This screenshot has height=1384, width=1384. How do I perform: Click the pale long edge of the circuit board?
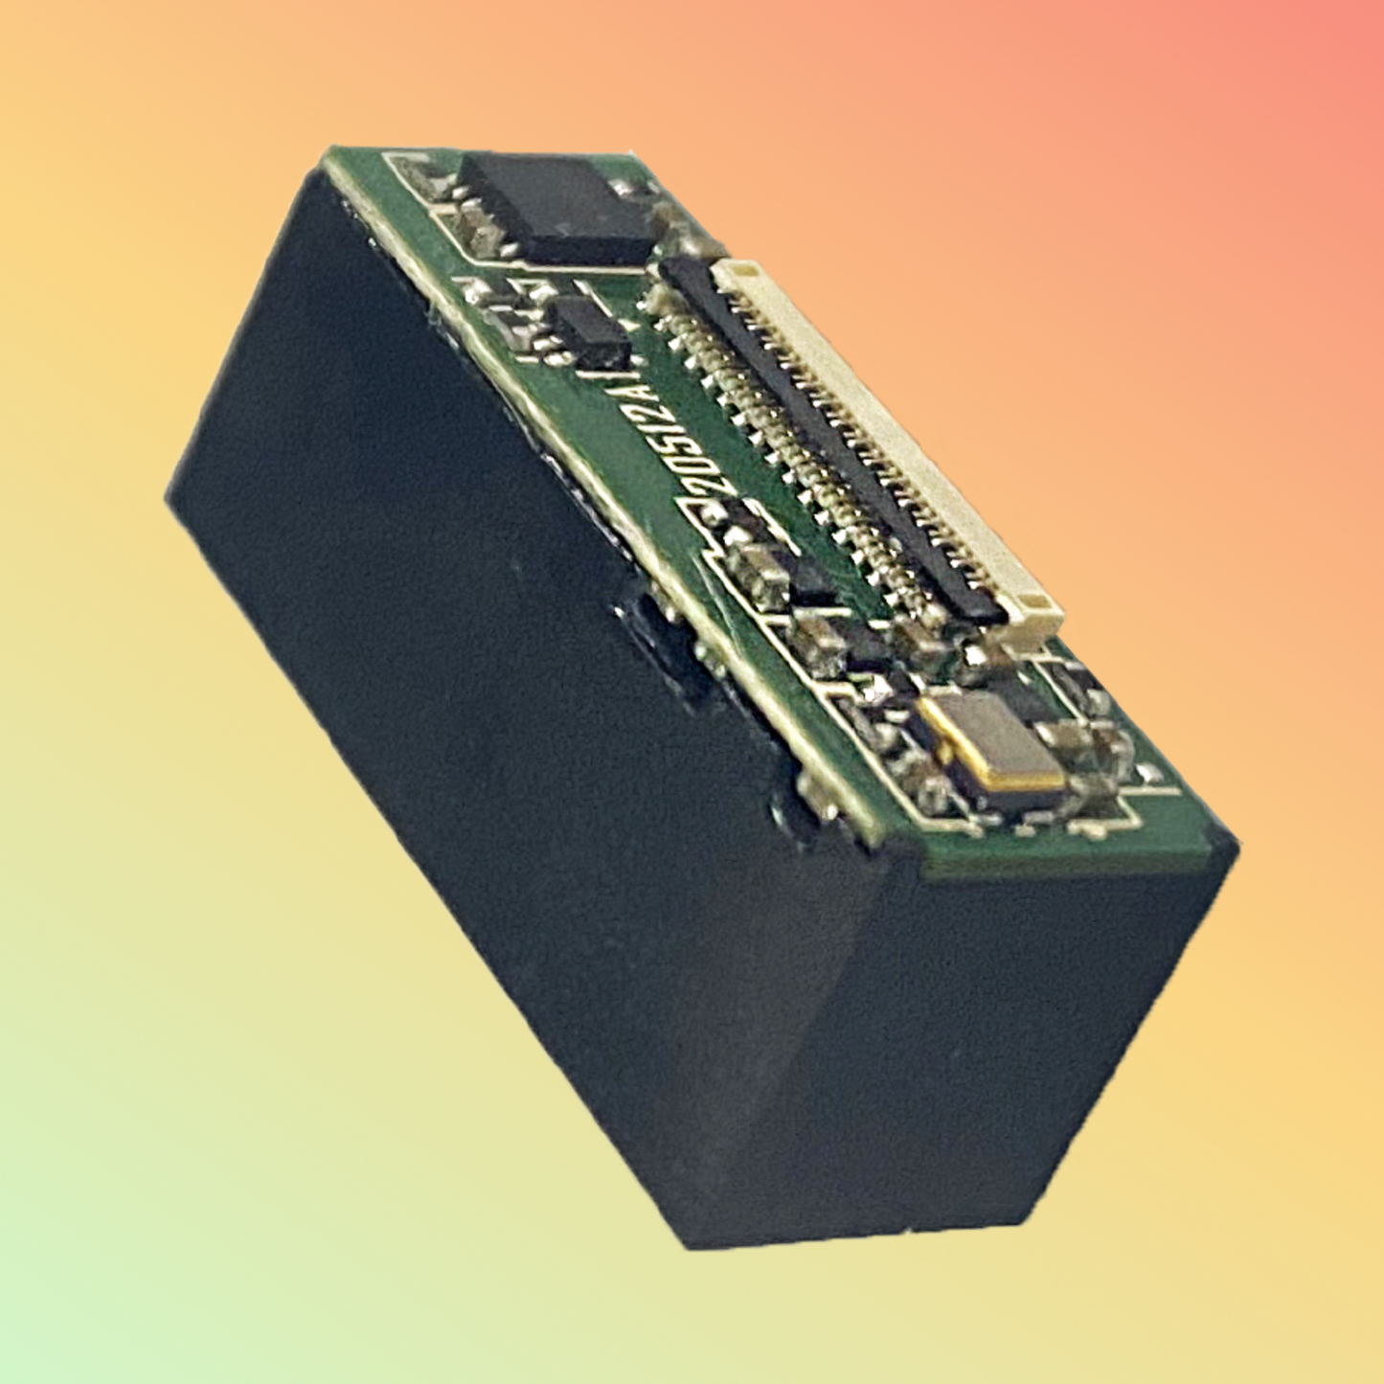[575, 479]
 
